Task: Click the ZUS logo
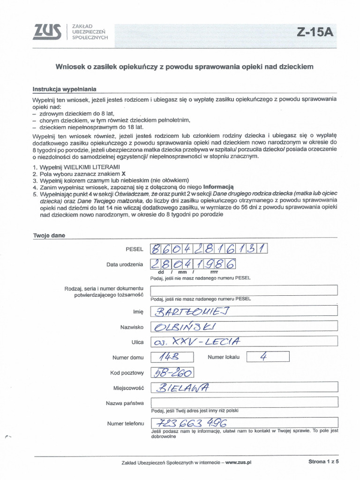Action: (47, 31)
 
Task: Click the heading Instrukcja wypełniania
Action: (64, 89)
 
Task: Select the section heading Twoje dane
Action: (49, 236)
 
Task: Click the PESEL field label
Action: (135, 250)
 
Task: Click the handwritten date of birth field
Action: (192, 264)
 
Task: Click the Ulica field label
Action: (137, 342)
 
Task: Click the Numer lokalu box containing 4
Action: (268, 357)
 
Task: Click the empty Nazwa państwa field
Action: (243, 402)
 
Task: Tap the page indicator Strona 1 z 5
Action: (323, 462)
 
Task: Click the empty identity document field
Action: (243, 290)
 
